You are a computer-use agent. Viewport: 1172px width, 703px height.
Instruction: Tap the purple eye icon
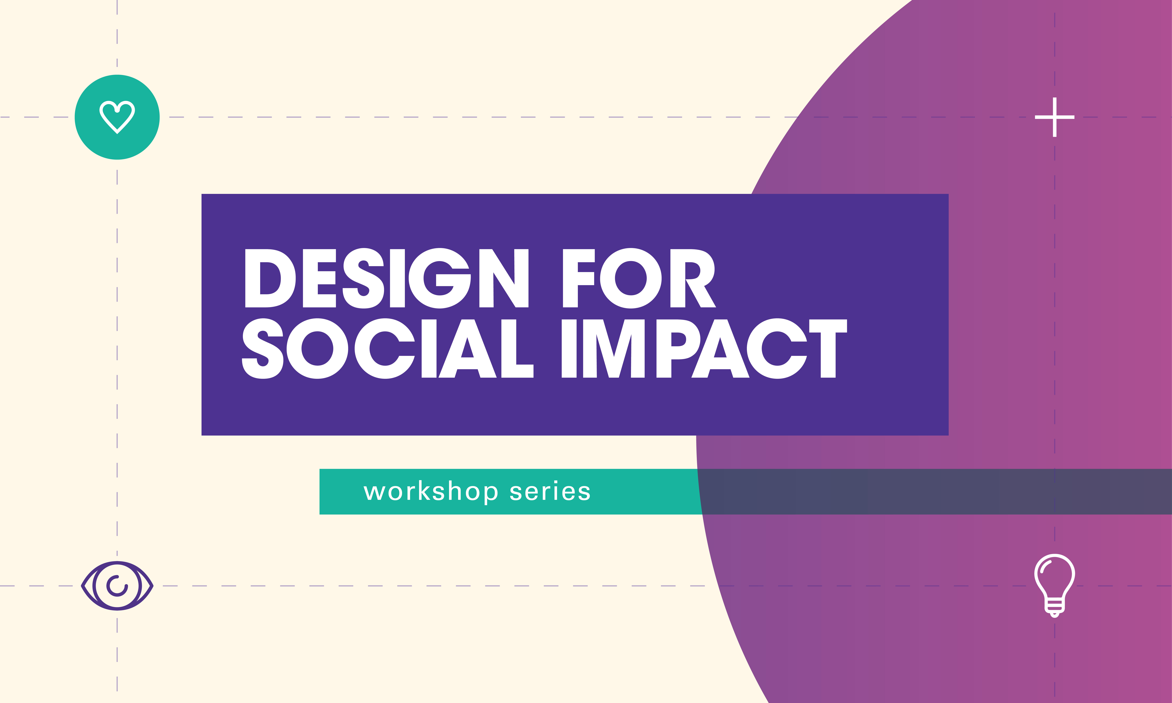click(x=117, y=586)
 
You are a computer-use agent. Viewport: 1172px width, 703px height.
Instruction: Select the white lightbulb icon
click(x=1055, y=585)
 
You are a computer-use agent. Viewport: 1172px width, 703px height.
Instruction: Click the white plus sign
click(x=1055, y=117)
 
